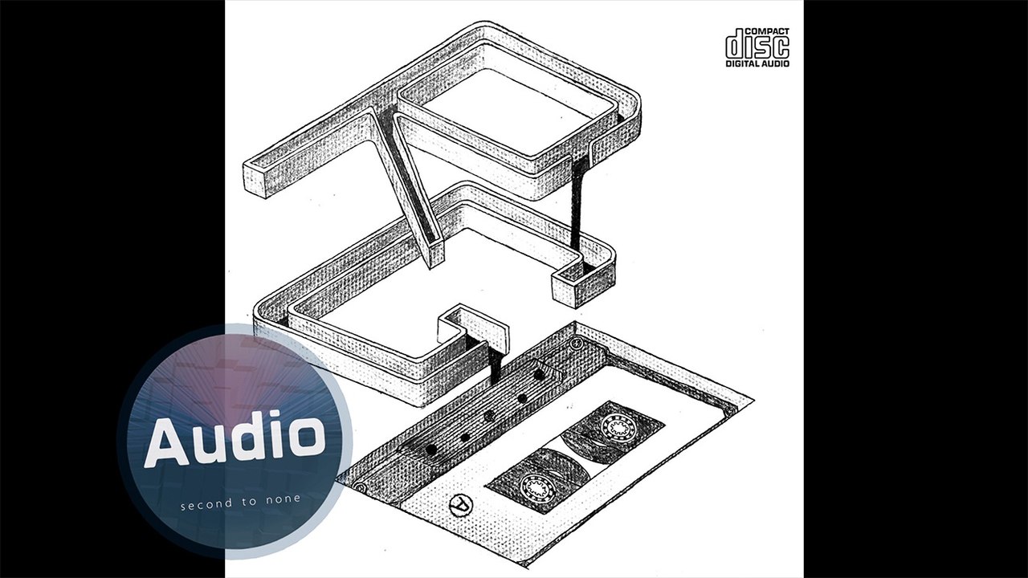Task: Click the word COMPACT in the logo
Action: pos(767,31)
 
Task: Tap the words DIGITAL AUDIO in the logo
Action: pos(757,63)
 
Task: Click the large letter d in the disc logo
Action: pos(734,44)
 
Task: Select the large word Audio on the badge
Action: pos(234,438)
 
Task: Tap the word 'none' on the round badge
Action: pos(284,499)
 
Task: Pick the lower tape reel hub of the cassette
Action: pos(536,486)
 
